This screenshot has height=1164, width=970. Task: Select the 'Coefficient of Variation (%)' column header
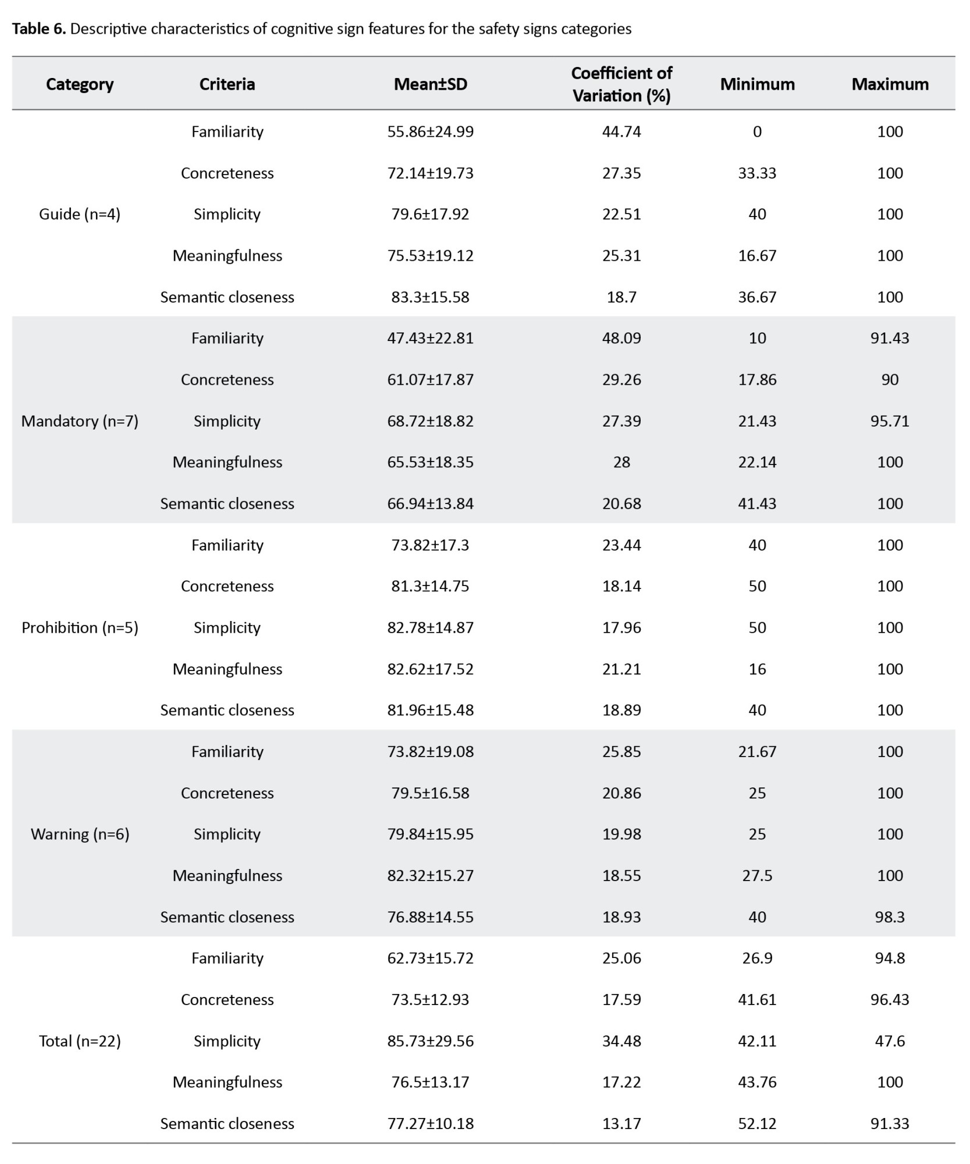(621, 84)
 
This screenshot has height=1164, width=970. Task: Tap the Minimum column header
(757, 84)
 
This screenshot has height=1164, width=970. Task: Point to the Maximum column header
(890, 84)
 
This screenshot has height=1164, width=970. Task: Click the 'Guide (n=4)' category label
(80, 214)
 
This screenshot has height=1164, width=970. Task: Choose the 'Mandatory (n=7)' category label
(80, 421)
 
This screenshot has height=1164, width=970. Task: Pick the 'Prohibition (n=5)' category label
(80, 627)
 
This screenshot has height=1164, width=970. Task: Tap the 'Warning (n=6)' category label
(80, 834)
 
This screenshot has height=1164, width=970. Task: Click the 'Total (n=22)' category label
(80, 1041)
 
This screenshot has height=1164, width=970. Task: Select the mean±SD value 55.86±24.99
(431, 132)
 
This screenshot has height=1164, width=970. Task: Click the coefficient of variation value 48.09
(621, 338)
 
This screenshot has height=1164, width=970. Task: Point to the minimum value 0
(757, 132)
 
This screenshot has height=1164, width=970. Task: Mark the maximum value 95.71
(890, 421)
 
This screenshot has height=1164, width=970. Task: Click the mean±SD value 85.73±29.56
(431, 1041)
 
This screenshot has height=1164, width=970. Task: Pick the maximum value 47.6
(890, 1041)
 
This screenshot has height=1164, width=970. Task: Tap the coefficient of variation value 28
(621, 462)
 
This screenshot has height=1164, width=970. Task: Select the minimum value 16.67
(757, 255)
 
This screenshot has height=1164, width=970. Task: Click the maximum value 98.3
(890, 917)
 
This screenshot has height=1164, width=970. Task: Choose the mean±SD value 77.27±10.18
(431, 1123)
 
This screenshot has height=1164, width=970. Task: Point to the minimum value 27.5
(757, 875)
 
